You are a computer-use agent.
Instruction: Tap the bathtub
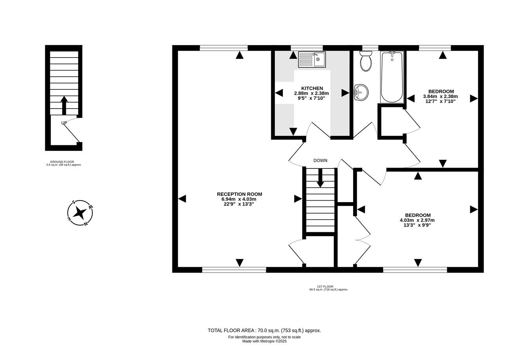pyautogui.click(x=392, y=77)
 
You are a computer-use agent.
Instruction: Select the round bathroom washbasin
pyautogui.click(x=361, y=92)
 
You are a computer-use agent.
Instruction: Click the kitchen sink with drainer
pyautogui.click(x=312, y=60)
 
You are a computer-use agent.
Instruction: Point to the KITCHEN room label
pyautogui.click(x=312, y=88)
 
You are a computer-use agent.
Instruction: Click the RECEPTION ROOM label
pyautogui.click(x=239, y=194)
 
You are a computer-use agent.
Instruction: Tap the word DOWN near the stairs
pyautogui.click(x=320, y=161)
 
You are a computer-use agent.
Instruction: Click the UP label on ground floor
pyautogui.click(x=64, y=123)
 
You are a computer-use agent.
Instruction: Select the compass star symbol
pyautogui.click(x=80, y=213)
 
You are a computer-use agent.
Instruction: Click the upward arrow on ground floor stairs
pyautogui.click(x=64, y=105)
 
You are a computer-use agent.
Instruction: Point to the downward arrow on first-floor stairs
pyautogui.click(x=320, y=178)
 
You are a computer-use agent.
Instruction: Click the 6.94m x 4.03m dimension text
pyautogui.click(x=239, y=199)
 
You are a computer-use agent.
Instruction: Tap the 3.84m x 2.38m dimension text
pyautogui.click(x=440, y=96)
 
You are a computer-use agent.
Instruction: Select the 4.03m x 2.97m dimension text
pyautogui.click(x=417, y=220)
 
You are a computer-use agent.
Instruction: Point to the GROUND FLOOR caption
pyautogui.click(x=62, y=162)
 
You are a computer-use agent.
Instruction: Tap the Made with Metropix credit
pyautogui.click(x=264, y=341)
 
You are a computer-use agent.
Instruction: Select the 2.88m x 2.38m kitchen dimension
pyautogui.click(x=312, y=93)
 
